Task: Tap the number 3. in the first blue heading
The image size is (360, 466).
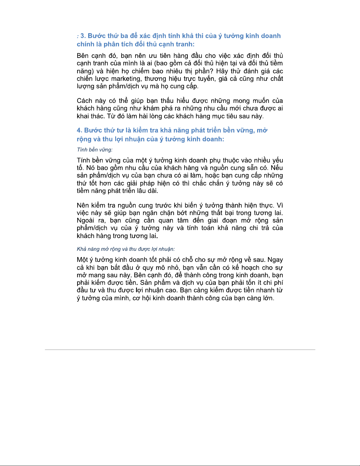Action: pyautogui.click(x=83, y=36)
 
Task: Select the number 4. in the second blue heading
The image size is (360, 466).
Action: pyautogui.click(x=79, y=130)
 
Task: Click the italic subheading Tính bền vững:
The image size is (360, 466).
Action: pyautogui.click(x=95, y=150)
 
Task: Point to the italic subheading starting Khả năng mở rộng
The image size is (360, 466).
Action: pyautogui.click(x=126, y=249)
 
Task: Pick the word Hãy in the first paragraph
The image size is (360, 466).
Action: pyautogui.click(x=222, y=71)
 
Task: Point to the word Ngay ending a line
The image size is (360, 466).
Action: pyautogui.click(x=275, y=260)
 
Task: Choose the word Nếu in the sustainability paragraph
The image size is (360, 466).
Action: pyautogui.click(x=277, y=168)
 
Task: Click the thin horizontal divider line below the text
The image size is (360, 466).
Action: pyautogui.click(x=180, y=350)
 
